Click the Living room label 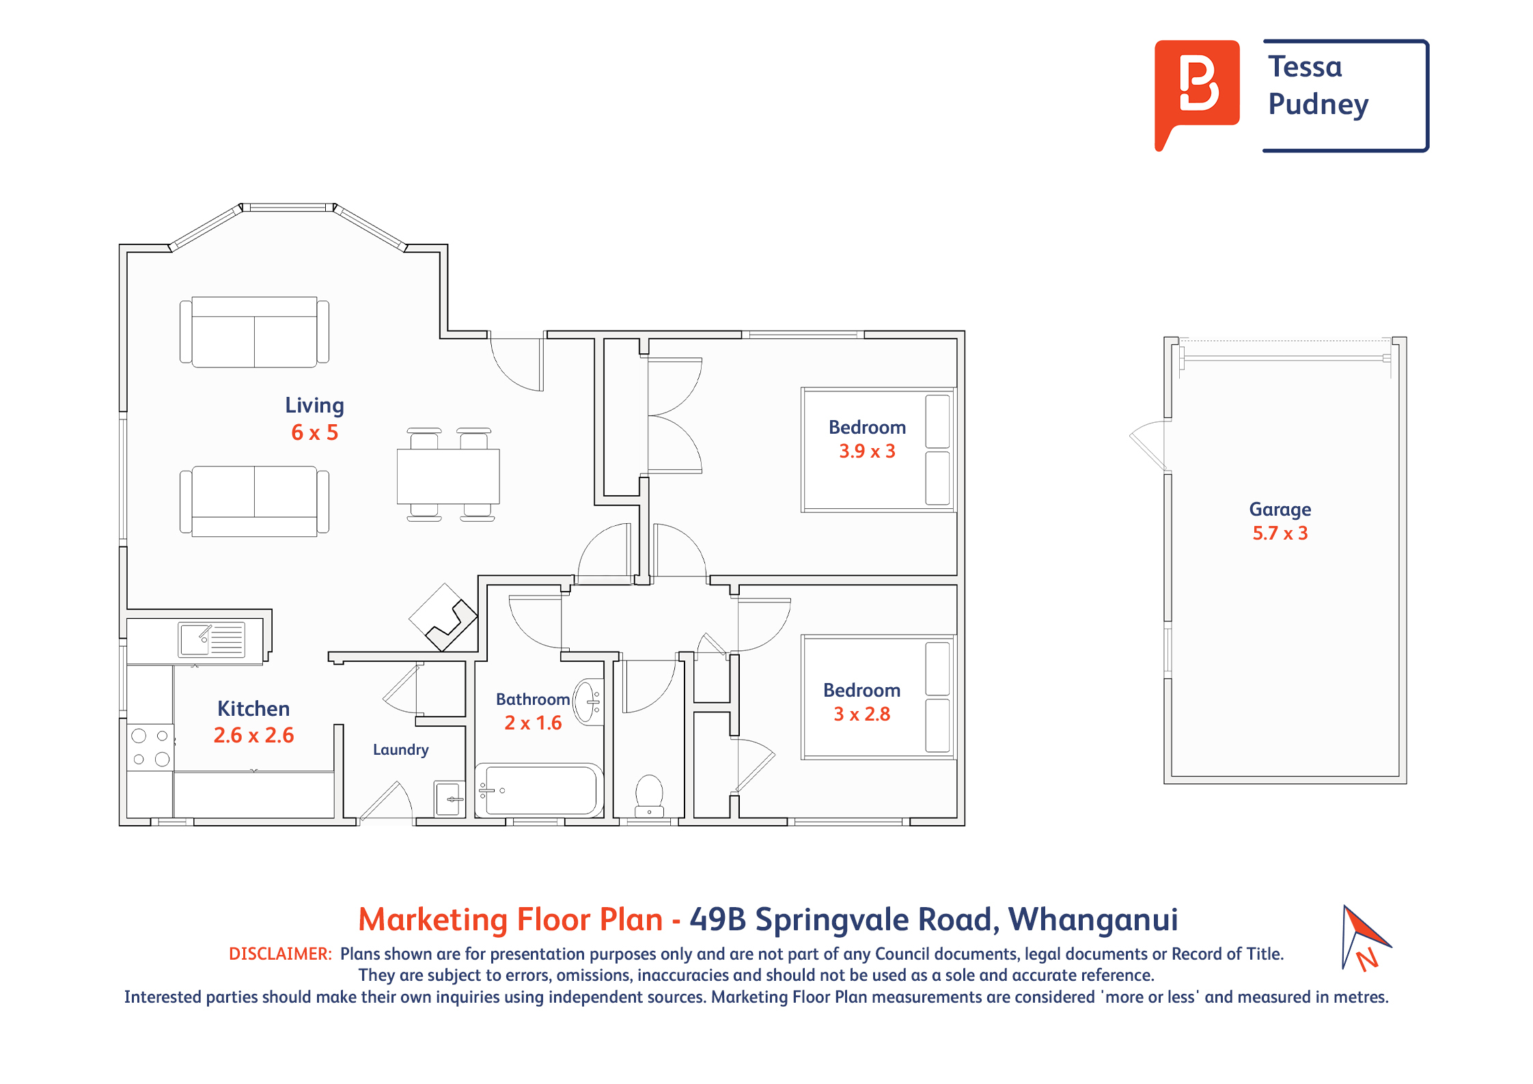314,405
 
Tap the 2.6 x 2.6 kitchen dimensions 253,735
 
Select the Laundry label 401,749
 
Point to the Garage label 1280,510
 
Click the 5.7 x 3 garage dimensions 1280,533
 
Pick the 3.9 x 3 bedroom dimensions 867,451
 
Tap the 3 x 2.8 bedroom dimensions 861,714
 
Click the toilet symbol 649,796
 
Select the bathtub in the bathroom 540,790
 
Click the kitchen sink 211,639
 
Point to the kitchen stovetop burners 150,747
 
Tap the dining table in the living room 448,476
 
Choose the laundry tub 450,798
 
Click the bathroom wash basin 588,701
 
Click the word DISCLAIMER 280,954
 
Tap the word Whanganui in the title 1093,919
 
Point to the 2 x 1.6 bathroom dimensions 533,723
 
